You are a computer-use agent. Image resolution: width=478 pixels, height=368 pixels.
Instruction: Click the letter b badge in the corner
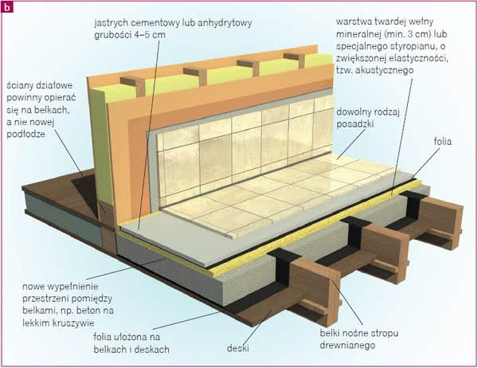pos(7,7)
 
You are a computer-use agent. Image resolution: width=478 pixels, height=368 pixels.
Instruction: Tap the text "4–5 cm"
pos(150,35)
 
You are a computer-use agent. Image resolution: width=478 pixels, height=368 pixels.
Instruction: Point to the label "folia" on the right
pos(442,142)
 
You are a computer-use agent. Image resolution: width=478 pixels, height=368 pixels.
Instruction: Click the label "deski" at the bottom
pos(237,348)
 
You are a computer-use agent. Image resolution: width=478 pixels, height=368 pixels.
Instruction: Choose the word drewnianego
pos(347,346)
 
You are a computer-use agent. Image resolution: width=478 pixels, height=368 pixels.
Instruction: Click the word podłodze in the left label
pos(25,134)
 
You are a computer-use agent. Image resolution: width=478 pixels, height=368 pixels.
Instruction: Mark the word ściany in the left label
pos(19,85)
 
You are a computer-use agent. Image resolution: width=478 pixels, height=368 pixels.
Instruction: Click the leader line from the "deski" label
pos(257,327)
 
